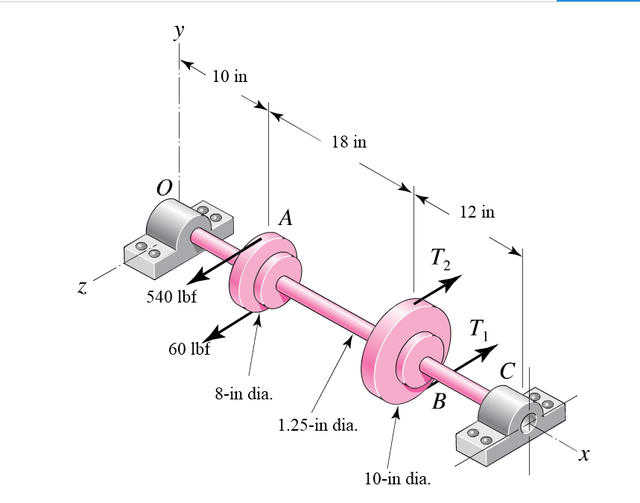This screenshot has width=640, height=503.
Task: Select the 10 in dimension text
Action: (229, 76)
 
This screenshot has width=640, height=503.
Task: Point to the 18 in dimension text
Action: (349, 142)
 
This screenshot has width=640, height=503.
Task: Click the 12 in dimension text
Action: (477, 212)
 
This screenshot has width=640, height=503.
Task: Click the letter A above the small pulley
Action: (285, 218)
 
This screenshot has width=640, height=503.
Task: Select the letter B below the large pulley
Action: (439, 403)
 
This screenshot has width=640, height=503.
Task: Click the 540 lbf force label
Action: (171, 297)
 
